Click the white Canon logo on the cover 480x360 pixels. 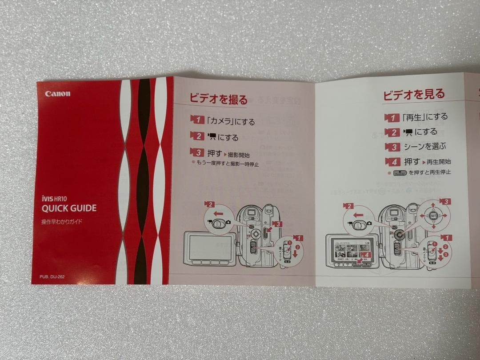point(57,94)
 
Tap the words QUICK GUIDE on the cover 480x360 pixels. point(69,208)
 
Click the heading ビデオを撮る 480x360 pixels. point(219,99)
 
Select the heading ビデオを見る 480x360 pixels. point(414,94)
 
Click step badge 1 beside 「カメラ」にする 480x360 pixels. point(197,119)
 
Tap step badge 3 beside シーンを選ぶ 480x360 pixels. point(392,147)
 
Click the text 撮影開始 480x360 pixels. point(239,155)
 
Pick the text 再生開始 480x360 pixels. point(438,162)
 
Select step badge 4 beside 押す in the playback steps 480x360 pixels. point(392,161)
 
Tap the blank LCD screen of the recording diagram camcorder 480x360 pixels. point(209,248)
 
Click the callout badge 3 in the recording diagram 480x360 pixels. point(277,224)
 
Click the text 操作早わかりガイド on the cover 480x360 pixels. point(62,221)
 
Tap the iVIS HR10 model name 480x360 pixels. point(54,198)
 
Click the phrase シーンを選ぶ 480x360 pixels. point(424,146)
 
